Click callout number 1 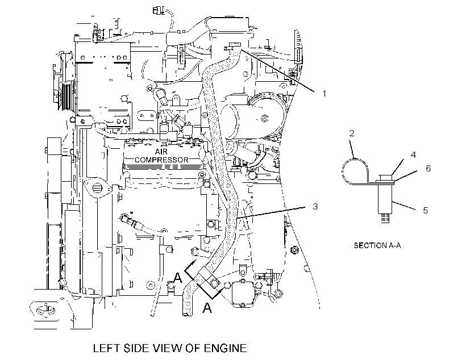click(x=324, y=93)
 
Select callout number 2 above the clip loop click(x=352, y=133)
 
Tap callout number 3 click(x=315, y=206)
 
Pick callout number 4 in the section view click(x=413, y=154)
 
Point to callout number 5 click(x=426, y=210)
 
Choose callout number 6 click(x=428, y=168)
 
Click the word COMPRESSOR click(x=161, y=160)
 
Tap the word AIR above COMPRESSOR click(x=161, y=152)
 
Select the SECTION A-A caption click(x=377, y=245)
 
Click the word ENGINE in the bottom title click(x=224, y=348)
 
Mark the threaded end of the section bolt click(x=385, y=218)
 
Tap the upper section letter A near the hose click(x=177, y=278)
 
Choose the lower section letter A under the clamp click(x=207, y=308)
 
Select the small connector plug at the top click(x=158, y=11)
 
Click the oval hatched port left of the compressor click(x=95, y=188)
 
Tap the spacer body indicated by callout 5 click(x=385, y=198)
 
